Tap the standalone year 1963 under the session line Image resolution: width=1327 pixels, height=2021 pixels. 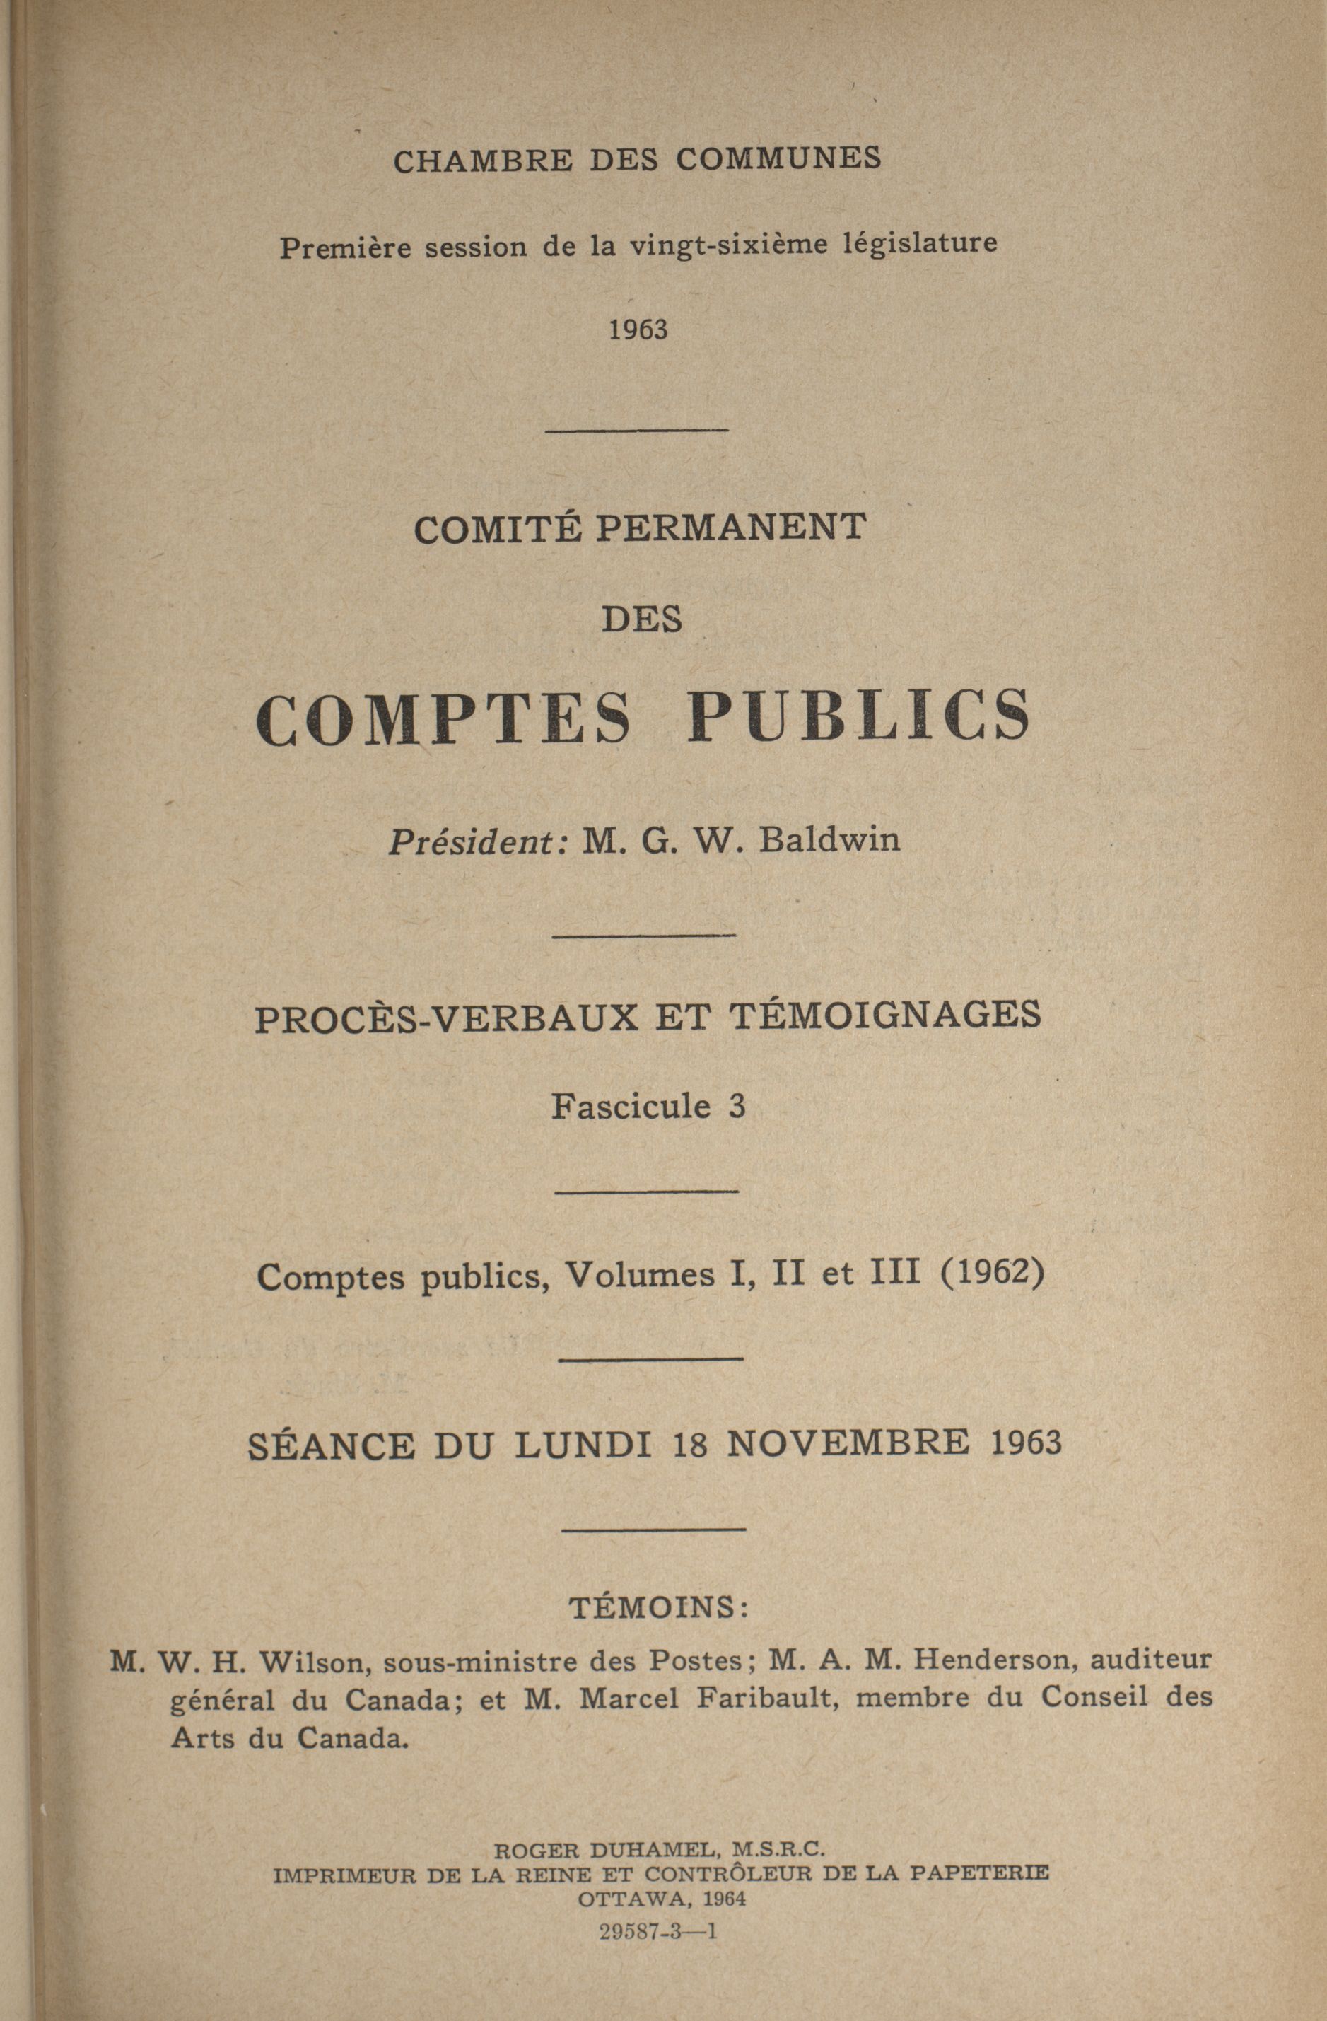[638, 329]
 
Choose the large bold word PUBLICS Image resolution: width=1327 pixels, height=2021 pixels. [859, 716]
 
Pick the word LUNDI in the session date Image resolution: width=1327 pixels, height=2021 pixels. [583, 1445]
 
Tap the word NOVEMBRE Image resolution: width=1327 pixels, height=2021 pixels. [847, 1442]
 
